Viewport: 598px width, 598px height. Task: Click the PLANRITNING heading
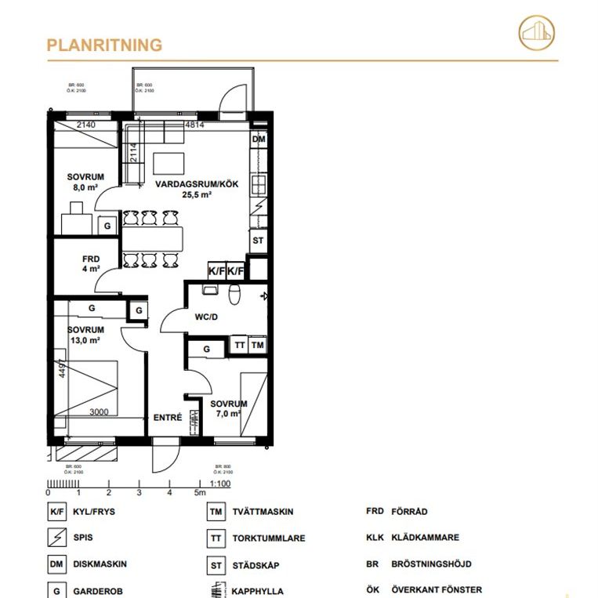tap(104, 45)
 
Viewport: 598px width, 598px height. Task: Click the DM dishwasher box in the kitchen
tap(259, 140)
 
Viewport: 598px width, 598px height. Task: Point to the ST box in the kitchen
tap(258, 241)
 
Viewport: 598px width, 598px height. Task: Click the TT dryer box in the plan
tap(239, 345)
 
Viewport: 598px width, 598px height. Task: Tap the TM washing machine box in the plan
tap(258, 345)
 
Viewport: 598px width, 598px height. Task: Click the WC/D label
tap(206, 317)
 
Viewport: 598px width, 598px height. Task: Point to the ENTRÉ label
tap(168, 418)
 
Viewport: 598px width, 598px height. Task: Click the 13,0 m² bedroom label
tap(85, 335)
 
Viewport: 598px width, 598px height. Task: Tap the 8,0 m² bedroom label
tap(85, 183)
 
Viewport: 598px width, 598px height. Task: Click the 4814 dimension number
tap(194, 125)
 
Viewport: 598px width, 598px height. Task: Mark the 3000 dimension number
tap(100, 412)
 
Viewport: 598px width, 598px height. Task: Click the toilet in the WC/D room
tap(235, 294)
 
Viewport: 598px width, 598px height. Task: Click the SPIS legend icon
tap(56, 538)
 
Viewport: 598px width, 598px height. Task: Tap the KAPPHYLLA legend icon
tap(213, 590)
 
